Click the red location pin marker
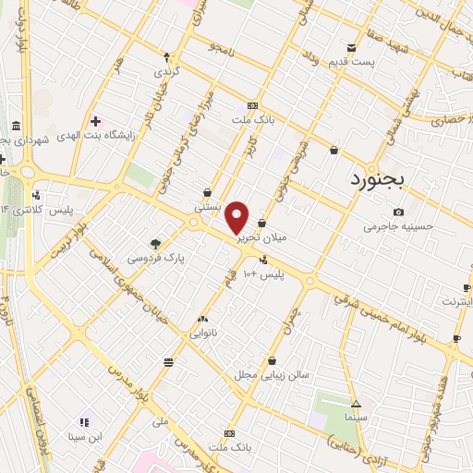(237, 216)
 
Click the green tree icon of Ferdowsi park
(155, 244)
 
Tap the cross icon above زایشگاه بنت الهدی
(95, 121)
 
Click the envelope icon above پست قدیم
(351, 48)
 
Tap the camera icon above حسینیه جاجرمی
(398, 212)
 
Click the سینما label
(356, 418)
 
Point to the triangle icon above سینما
(356, 404)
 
